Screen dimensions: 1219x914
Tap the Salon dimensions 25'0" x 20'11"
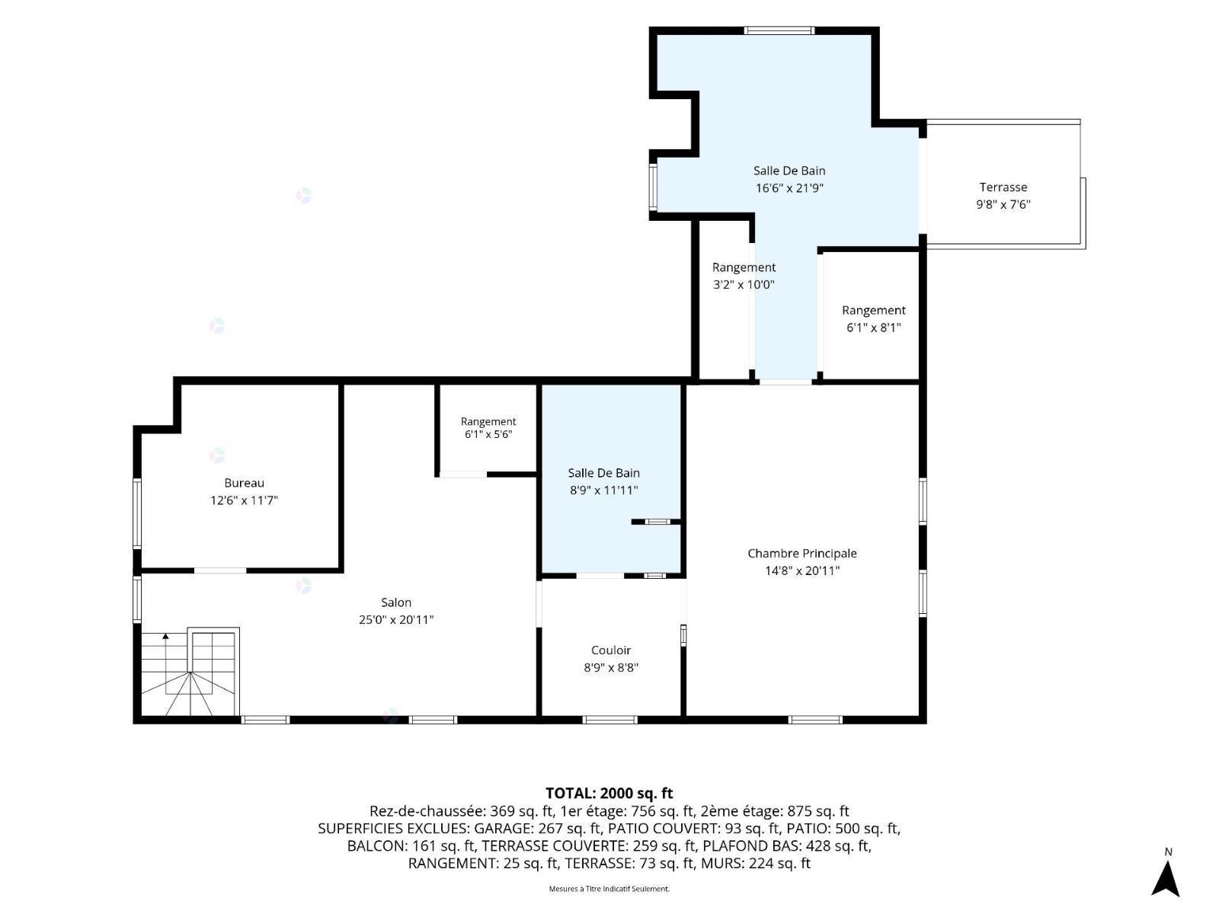point(396,620)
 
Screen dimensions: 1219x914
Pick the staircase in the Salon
point(190,672)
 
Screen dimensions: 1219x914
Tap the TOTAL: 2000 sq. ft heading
point(609,793)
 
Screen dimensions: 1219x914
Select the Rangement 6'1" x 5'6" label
point(488,428)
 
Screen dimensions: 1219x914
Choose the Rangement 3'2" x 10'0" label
point(744,276)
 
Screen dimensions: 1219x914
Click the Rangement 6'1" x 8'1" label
point(874,319)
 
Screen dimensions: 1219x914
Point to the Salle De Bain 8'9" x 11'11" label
point(603,481)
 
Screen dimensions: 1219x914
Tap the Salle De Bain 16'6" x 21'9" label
point(789,179)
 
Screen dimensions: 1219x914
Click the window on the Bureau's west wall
point(137,513)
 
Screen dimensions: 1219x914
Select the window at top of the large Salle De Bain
point(779,30)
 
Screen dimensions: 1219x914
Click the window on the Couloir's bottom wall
point(609,720)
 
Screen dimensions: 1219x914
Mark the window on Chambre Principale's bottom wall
point(815,720)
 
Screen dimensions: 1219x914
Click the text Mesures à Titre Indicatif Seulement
point(609,888)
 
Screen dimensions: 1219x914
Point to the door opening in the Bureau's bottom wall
point(220,570)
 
